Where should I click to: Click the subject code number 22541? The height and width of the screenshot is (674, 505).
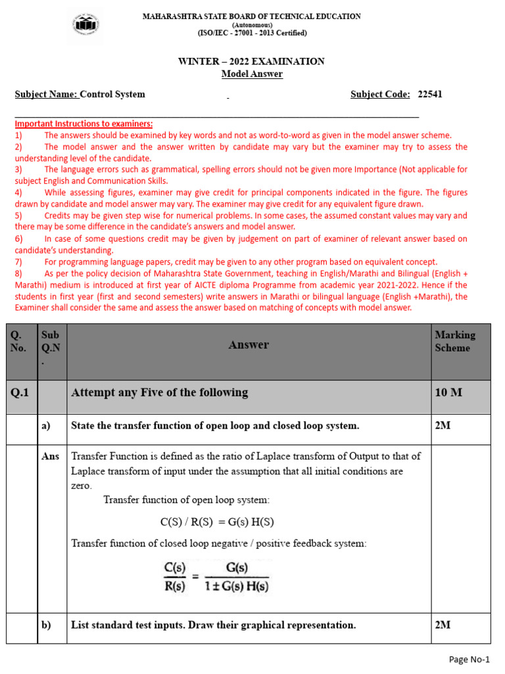430,94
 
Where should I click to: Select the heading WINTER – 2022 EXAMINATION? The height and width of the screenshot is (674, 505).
252,61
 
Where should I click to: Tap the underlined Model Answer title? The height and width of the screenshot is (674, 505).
252,74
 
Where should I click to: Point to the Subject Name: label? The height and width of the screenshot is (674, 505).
46,94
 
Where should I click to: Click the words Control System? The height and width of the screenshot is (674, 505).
114,94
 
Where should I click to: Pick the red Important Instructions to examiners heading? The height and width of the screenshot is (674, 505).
84,124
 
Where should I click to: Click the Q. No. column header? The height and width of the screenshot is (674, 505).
18,342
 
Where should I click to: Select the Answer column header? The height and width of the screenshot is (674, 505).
249,344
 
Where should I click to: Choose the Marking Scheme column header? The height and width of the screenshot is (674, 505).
454,342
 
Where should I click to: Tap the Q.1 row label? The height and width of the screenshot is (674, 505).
20,393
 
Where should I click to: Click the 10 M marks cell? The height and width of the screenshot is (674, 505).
448,393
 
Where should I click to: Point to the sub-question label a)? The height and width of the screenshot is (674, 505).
46,426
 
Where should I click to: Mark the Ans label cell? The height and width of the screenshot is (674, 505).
51,456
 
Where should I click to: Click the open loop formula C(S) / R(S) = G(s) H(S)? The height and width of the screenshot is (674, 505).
217,522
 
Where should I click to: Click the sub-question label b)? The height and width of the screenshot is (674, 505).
46,625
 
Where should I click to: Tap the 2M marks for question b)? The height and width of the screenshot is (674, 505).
443,625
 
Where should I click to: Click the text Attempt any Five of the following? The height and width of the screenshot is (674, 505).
159,393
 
